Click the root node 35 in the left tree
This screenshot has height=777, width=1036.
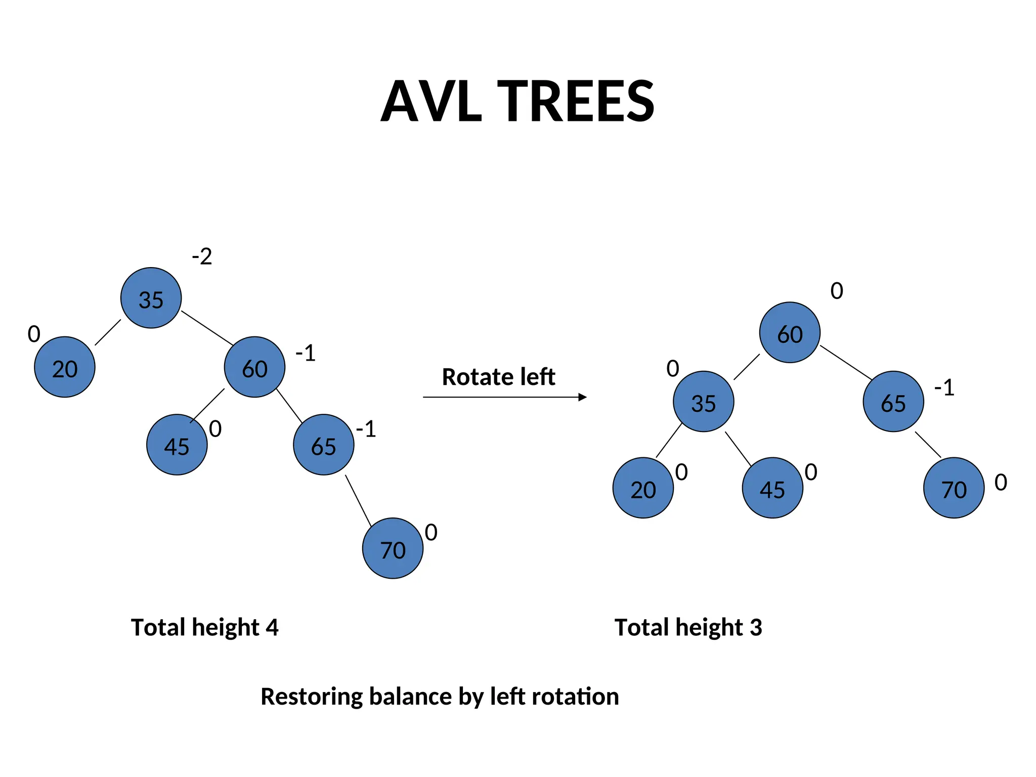[x=151, y=298]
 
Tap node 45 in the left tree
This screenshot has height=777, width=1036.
[x=177, y=445]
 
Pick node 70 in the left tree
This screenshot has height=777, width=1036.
[x=393, y=548]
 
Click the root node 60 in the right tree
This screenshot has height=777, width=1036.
[x=790, y=332]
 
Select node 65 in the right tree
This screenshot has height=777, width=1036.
[x=893, y=402]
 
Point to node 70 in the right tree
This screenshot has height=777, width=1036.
[x=954, y=488]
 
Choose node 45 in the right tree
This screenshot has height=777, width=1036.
[x=772, y=488]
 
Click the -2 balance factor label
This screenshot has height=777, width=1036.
[x=202, y=256]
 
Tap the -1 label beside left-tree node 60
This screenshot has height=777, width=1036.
[x=306, y=353]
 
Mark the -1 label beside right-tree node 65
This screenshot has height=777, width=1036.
[x=944, y=388]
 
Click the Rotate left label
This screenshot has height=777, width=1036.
[x=498, y=377]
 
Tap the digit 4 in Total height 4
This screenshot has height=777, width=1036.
[x=272, y=627]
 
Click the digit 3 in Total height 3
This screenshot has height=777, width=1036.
[x=756, y=627]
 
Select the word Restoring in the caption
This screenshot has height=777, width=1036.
[x=311, y=697]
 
